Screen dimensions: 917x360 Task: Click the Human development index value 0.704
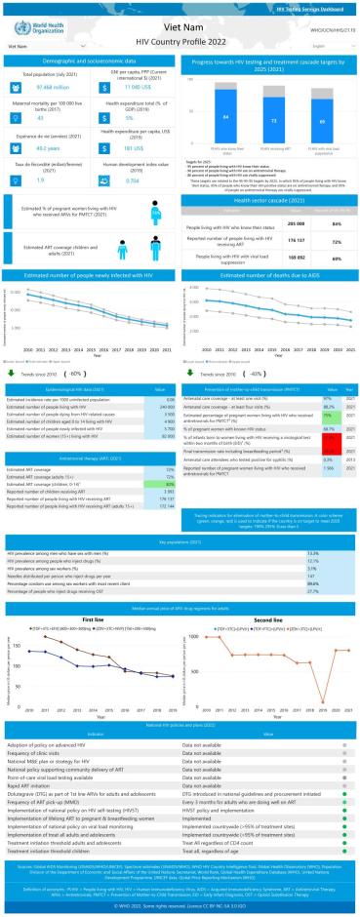pos(118,180)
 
